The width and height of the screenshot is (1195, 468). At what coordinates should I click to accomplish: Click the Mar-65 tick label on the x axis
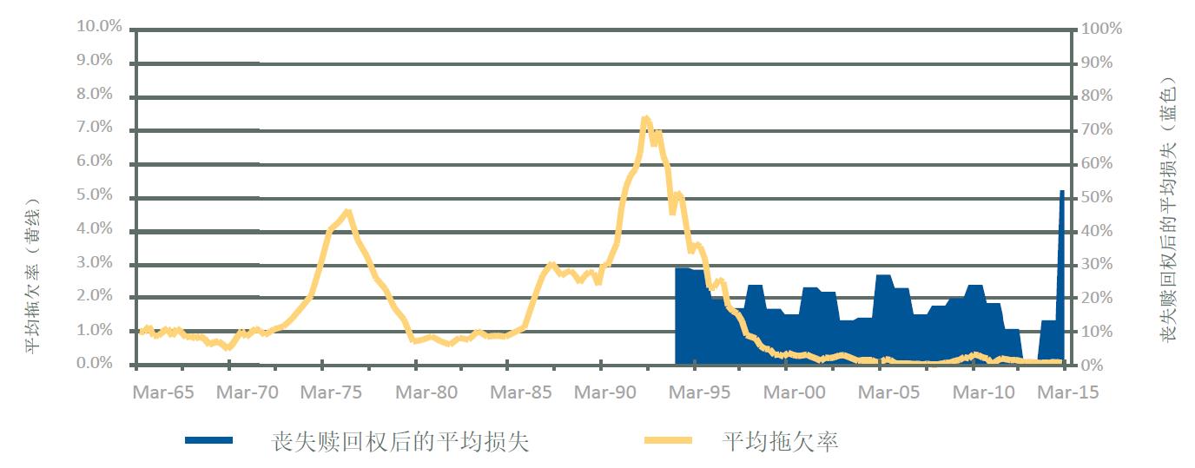163,392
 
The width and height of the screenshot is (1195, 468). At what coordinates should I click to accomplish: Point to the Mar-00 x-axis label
795,392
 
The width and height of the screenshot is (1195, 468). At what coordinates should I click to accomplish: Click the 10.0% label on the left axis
100,27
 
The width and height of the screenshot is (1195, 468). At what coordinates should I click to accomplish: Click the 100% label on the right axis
1101,29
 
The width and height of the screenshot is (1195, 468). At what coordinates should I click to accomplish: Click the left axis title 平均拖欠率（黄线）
32,274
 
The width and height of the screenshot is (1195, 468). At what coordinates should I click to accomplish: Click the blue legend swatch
208,440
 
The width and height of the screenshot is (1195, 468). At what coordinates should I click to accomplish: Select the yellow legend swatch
667,440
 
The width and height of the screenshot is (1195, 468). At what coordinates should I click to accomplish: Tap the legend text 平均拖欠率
780,441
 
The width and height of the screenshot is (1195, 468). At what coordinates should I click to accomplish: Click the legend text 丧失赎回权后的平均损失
400,441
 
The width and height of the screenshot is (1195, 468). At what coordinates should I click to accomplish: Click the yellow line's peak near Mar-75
347,211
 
